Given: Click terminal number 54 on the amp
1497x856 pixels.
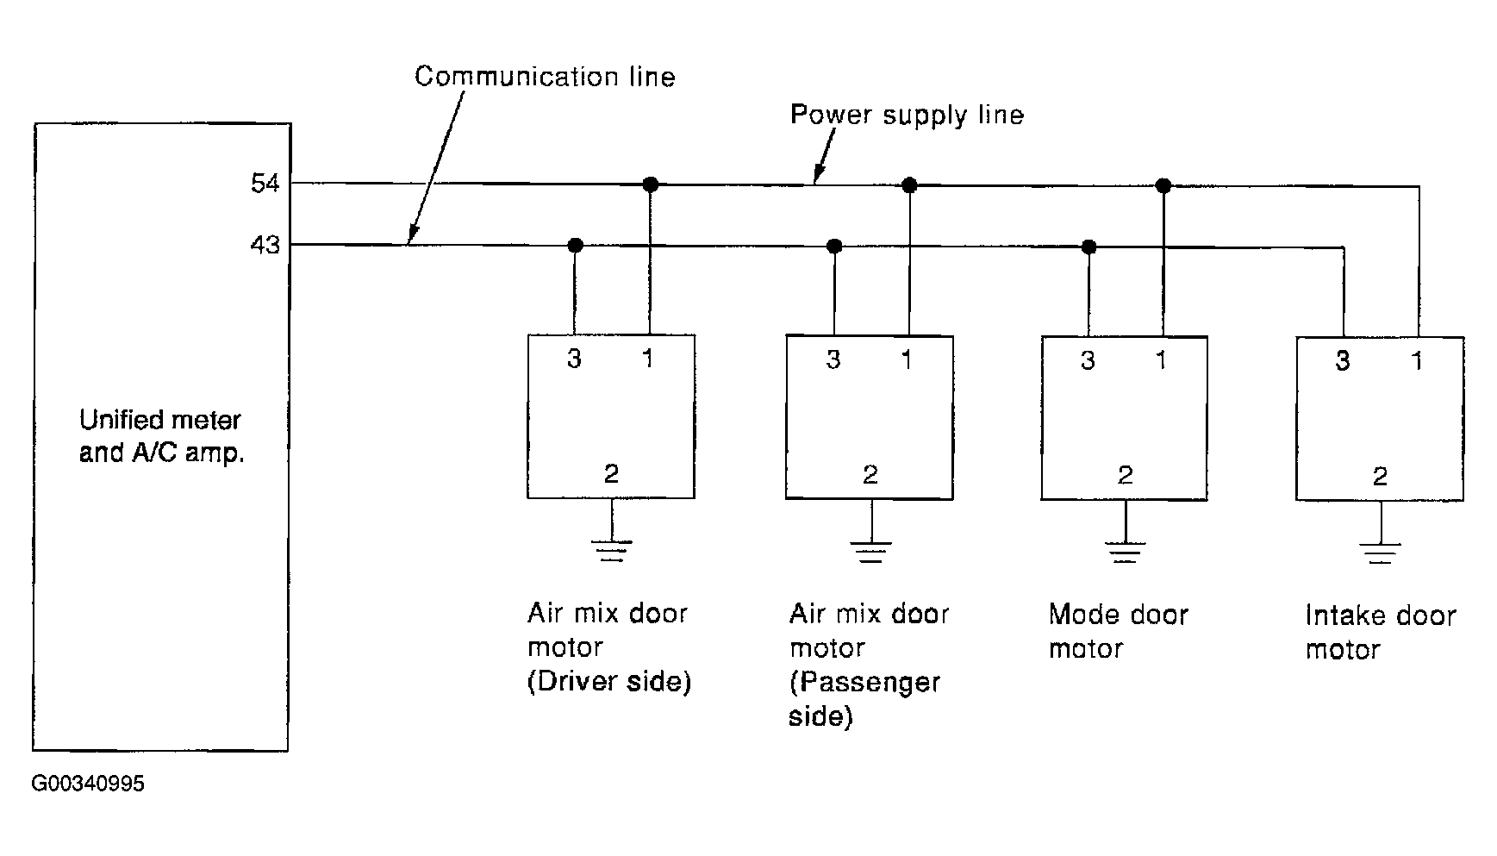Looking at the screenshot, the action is (x=265, y=184).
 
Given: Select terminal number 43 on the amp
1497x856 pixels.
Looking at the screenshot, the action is (x=265, y=246).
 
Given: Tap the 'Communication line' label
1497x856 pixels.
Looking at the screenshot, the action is (x=545, y=77).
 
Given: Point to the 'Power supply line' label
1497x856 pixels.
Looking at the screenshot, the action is (x=907, y=116).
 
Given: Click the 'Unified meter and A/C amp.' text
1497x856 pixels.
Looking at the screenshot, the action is (x=161, y=436).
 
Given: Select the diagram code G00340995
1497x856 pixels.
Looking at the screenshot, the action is (x=88, y=784).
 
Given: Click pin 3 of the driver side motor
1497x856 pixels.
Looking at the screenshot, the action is (x=575, y=359).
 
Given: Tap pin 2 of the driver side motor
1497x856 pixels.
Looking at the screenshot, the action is (x=611, y=474).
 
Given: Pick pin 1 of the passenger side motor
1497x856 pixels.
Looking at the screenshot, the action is (x=907, y=359).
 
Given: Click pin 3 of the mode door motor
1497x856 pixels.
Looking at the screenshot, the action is (x=1088, y=359).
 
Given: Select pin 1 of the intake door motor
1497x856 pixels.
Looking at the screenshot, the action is (x=1417, y=360).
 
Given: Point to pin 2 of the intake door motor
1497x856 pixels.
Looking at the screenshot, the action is (x=1380, y=477).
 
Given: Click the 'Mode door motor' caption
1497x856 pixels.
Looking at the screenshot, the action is (x=1119, y=632).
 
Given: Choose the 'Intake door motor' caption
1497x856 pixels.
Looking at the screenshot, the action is (x=1381, y=633).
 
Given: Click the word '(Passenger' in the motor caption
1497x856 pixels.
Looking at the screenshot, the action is (x=864, y=683).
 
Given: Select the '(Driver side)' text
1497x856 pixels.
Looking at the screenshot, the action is (x=609, y=682).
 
